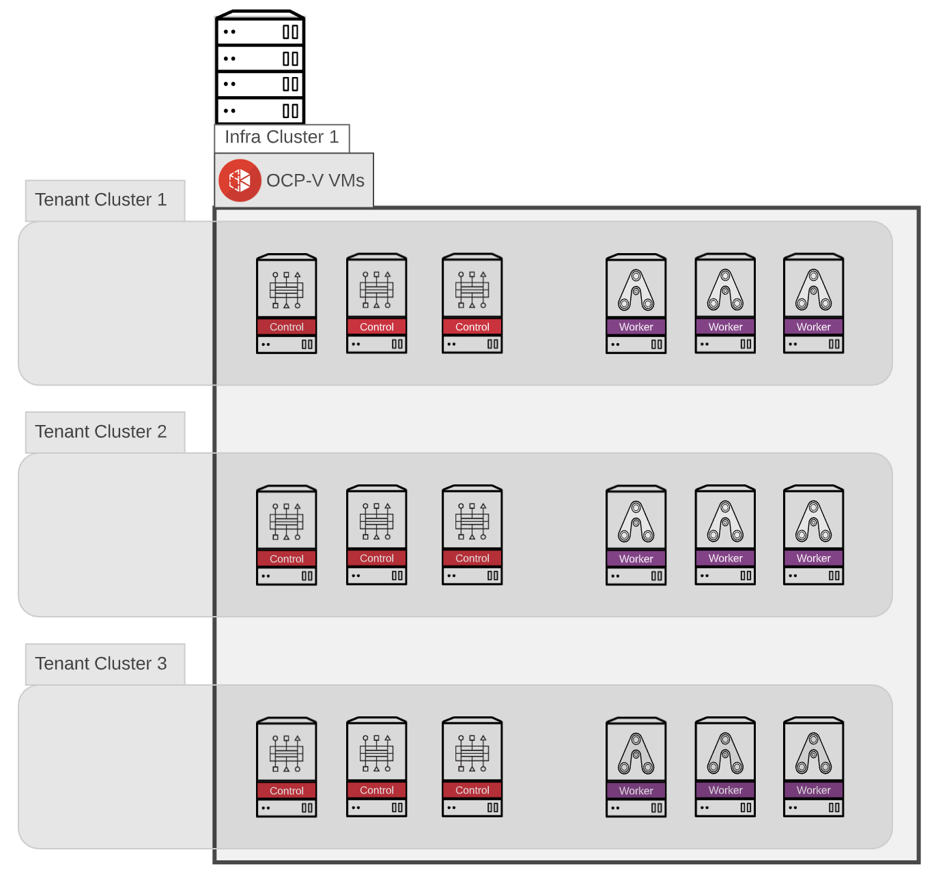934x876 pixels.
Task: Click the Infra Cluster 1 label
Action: (281, 137)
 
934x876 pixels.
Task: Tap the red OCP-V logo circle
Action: (240, 181)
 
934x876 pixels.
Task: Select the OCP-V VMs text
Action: (315, 181)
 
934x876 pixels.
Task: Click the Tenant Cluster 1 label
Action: (101, 200)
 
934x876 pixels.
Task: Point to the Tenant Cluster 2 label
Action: (101, 432)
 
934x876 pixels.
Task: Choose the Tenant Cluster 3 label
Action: (101, 664)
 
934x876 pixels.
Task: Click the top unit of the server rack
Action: (260, 31)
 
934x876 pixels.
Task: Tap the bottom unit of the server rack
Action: (260, 111)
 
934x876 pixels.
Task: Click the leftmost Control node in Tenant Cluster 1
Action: (286, 304)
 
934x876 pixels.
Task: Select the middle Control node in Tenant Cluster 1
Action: (376, 304)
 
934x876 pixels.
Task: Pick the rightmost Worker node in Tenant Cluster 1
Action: (813, 304)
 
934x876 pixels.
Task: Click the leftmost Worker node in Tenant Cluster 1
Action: (636, 304)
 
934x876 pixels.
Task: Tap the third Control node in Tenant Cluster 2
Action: (472, 535)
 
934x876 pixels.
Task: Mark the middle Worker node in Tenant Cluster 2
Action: (725, 535)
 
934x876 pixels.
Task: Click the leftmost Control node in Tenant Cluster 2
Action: (286, 535)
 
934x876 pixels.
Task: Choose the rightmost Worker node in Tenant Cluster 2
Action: (813, 535)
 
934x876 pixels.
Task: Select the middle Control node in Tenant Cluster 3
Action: (376, 767)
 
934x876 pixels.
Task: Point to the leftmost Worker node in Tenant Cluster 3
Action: (636, 767)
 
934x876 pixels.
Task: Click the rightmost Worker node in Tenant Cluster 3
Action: (813, 767)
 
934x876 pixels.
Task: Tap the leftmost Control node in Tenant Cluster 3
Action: (286, 767)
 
